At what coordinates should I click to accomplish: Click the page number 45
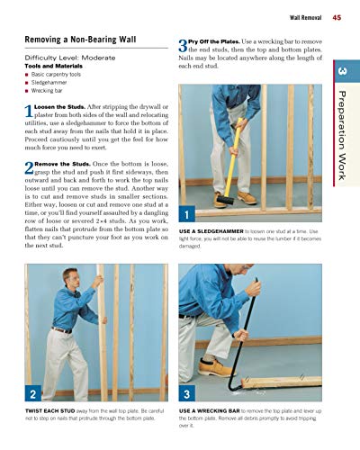coord(336,17)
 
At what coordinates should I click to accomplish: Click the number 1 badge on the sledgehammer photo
coord(185,214)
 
